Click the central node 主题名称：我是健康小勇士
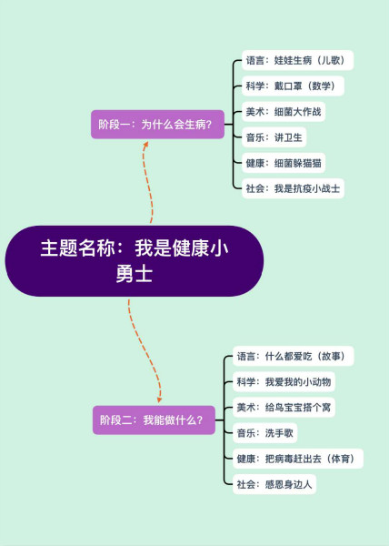[135, 261]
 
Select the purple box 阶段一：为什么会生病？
[157, 125]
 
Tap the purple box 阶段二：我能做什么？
[154, 420]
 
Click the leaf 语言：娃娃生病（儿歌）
[297, 60]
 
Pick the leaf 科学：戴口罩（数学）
[293, 86]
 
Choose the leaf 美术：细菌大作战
[284, 112]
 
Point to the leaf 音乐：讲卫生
[274, 137]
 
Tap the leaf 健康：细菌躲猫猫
[284, 163]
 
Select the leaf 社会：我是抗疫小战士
[293, 188]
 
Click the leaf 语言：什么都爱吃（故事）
[293, 356]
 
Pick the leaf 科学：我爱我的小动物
[284, 382]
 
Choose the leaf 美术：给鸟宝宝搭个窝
[284, 408]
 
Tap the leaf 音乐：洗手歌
[264, 433]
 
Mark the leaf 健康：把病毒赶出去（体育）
[298, 459]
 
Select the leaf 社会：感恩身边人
[274, 484]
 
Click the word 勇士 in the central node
[135, 274]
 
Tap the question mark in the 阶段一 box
[208, 125]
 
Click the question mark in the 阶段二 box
[200, 420]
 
